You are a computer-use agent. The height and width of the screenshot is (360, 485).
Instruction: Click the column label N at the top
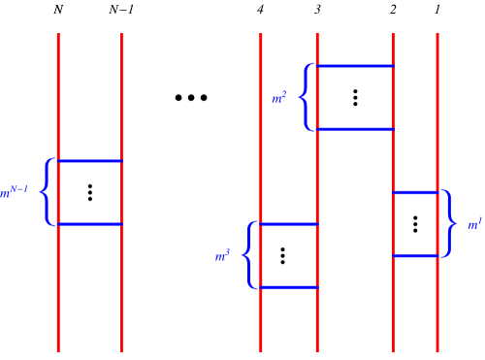click(58, 10)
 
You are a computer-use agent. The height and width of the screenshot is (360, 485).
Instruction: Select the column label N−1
click(121, 10)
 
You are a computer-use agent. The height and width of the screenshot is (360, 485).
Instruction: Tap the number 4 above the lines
click(260, 10)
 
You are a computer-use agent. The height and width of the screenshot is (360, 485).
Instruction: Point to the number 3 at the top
click(317, 10)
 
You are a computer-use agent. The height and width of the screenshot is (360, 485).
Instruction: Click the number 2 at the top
click(393, 10)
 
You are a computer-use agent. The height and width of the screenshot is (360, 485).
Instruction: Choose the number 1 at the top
click(437, 10)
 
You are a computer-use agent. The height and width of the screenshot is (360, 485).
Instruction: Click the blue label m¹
click(473, 224)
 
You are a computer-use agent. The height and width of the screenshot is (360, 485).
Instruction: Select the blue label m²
click(279, 97)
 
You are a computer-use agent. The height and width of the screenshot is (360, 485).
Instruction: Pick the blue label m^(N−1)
click(19, 192)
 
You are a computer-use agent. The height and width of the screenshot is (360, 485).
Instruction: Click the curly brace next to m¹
click(448, 224)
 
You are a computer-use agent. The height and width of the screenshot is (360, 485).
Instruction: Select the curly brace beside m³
click(248, 255)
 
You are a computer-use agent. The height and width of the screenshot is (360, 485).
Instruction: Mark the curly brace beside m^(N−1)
click(46, 192)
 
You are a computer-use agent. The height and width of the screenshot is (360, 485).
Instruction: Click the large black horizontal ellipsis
click(191, 98)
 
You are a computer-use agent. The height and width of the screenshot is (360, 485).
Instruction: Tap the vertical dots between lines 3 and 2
click(355, 97)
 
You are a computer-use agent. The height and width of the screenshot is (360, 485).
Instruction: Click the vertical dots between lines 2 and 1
click(415, 223)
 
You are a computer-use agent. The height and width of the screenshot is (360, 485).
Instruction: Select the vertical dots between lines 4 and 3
click(283, 255)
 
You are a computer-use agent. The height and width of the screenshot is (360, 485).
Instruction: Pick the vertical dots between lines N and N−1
click(89, 192)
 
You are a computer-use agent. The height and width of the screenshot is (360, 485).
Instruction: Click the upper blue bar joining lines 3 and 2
click(355, 66)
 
